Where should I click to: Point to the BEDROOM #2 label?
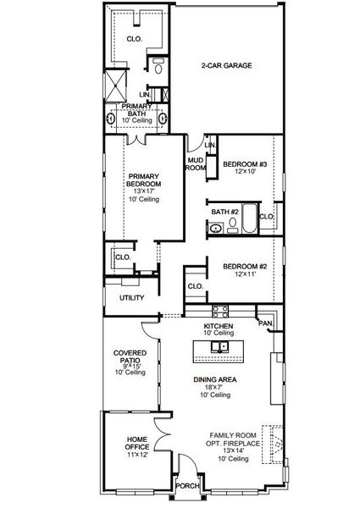(x=246, y=268)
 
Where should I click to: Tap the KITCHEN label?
(x=219, y=326)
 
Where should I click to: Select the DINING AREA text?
(x=215, y=378)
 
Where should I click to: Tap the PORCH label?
(x=186, y=486)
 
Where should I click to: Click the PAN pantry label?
(x=265, y=323)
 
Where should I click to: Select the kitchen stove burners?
(x=222, y=309)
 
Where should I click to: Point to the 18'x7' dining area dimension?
(x=215, y=387)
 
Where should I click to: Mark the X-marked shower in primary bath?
(x=114, y=85)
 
